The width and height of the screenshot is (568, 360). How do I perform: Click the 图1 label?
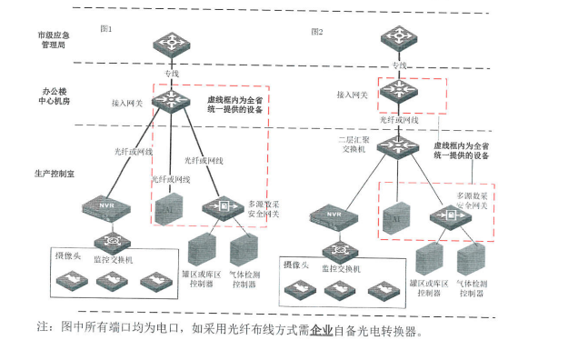coord(105,29)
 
